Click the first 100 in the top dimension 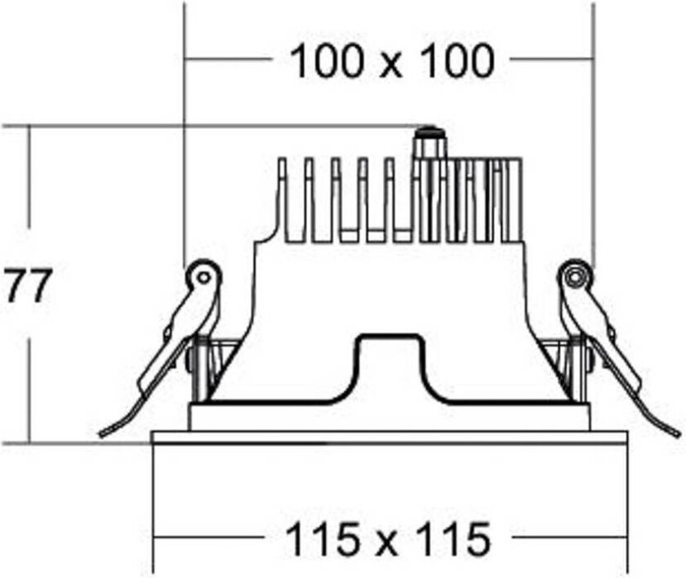click(x=327, y=60)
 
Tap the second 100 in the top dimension click(x=458, y=60)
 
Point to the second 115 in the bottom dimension click(x=454, y=539)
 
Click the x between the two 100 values click(x=390, y=66)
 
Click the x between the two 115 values click(x=387, y=545)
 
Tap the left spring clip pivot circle click(x=203, y=277)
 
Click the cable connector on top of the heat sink click(x=428, y=142)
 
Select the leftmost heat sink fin click(x=283, y=200)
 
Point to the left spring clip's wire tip click(x=101, y=434)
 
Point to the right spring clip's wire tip click(x=678, y=433)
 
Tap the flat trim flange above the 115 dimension click(x=389, y=438)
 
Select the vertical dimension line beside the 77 click(x=30, y=284)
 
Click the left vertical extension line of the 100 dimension click(x=185, y=133)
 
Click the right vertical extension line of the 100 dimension click(x=594, y=133)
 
